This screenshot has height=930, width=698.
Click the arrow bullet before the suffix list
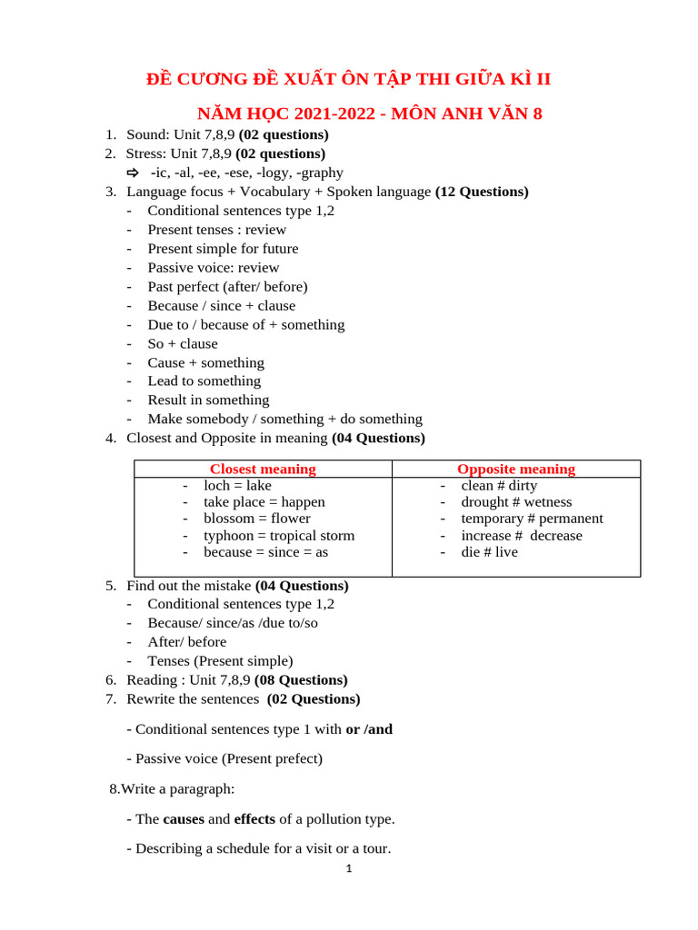coord(132,173)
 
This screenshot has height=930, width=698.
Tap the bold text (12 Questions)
coord(482,192)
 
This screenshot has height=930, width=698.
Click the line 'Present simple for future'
coord(223,249)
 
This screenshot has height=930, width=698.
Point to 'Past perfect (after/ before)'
coord(227,287)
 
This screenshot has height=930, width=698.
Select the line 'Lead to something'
coord(204,381)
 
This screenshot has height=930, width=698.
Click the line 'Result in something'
coord(208,401)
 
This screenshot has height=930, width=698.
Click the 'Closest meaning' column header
coord(263,470)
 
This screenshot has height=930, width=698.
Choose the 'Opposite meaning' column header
coord(515,470)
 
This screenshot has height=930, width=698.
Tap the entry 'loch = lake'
coord(237,486)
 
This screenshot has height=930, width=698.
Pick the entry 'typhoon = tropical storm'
coord(279,536)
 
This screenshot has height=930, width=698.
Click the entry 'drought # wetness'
coord(516,502)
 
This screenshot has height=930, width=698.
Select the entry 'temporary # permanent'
coord(532,519)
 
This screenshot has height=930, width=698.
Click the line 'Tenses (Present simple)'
coord(220,661)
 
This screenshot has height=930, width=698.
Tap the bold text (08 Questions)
coord(301,680)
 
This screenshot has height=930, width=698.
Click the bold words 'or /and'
coord(369,729)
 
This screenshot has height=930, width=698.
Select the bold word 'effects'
coord(254,819)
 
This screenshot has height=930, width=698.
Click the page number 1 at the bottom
coord(348,869)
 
